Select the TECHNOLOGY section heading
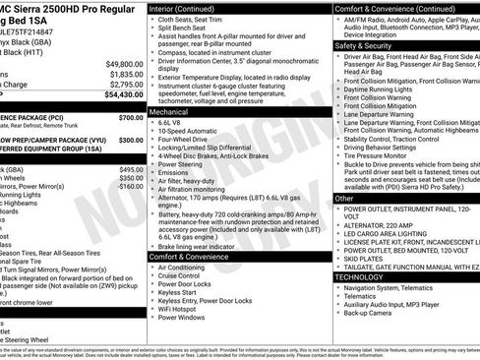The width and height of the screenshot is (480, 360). pos(361,277)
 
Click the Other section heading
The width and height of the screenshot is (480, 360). pos(344,198)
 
